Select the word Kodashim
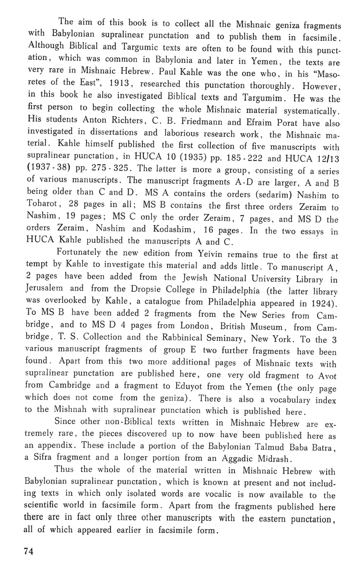170,229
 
